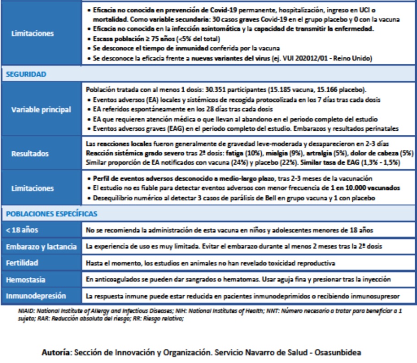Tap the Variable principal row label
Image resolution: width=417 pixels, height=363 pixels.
[x=41, y=110]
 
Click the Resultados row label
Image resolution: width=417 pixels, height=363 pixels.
[x=30, y=154]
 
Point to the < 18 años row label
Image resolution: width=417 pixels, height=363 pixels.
[x=19, y=231]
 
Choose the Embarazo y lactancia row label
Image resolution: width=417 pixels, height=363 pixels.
[x=41, y=247]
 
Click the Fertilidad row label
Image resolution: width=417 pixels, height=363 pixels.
[x=22, y=263]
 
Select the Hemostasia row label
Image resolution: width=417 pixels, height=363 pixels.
[x=25, y=280]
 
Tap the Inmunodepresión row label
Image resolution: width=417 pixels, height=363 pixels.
[x=36, y=296]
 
